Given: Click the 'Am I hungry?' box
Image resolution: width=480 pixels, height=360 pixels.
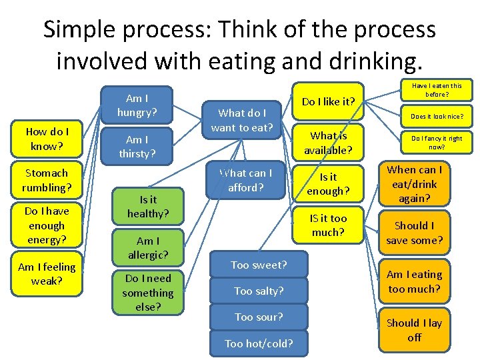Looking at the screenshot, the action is tap(137, 105).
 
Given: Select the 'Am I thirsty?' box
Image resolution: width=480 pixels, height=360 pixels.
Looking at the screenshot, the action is tap(137, 146).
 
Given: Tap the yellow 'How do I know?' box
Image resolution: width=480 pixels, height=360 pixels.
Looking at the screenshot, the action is tap(47, 139).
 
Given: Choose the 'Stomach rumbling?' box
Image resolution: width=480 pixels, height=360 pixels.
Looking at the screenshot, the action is tap(47, 179).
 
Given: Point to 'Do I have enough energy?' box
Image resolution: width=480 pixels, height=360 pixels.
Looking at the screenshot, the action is tap(47, 225).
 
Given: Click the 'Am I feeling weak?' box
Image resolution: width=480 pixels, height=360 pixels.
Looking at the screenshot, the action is tap(47, 273).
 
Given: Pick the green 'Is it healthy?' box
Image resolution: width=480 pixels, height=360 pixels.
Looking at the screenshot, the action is tap(147, 206).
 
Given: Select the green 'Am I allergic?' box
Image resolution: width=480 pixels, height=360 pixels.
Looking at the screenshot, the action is tap(147, 247).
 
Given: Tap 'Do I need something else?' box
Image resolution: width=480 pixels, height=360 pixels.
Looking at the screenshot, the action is tap(147, 293).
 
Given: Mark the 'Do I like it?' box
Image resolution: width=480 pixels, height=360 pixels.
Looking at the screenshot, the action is tap(329, 101).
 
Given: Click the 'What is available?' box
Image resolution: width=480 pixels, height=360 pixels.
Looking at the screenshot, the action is tap(329, 143).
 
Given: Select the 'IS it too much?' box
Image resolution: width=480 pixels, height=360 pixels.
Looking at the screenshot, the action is tap(329, 225).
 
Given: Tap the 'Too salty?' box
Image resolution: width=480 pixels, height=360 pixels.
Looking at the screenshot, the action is tap(259, 291).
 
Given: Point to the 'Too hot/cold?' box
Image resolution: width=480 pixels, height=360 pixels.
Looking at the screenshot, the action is tap(259, 343).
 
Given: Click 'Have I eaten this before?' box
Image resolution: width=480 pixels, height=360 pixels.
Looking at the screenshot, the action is tap(437, 89).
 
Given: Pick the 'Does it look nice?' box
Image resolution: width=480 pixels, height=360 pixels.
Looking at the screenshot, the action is tap(437, 116).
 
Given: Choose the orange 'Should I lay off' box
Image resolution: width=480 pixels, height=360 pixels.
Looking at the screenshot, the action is tap(414, 329).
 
